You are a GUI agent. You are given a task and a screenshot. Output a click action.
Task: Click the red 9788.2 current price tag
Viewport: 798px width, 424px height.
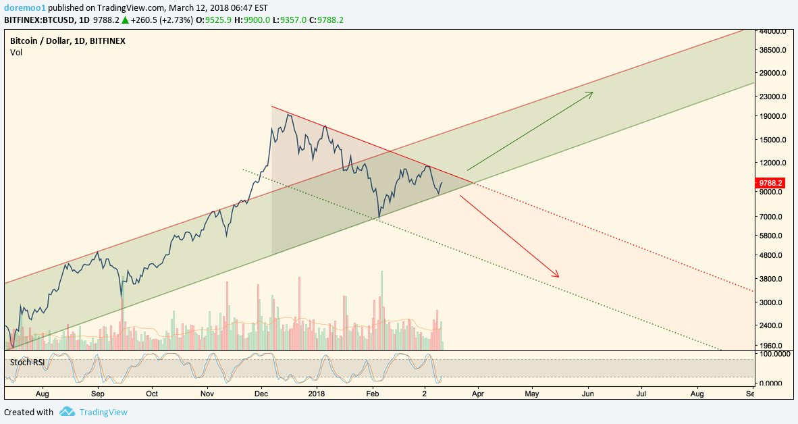770,182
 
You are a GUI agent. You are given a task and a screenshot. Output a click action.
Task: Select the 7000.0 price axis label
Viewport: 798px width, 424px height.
770,217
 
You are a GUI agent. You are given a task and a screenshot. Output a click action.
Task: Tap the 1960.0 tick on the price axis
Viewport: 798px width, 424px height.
770,346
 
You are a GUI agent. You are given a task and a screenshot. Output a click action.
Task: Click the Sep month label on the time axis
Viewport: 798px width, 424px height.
98,393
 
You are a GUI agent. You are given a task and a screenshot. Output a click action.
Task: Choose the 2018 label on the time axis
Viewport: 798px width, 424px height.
317,393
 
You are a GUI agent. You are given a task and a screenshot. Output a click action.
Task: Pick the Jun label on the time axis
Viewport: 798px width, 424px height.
588,393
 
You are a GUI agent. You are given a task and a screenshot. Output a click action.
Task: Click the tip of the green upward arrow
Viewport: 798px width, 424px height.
592,92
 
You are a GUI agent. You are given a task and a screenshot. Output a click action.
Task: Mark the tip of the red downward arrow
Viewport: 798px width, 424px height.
558,276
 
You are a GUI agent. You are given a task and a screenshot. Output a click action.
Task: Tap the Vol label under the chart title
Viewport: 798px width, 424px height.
16,52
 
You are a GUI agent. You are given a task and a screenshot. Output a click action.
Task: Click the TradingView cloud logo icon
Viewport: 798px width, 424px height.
66,411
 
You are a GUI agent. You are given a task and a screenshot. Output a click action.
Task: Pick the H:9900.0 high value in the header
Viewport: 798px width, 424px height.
256,20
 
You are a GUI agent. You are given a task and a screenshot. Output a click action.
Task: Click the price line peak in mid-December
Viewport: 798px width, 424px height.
289,114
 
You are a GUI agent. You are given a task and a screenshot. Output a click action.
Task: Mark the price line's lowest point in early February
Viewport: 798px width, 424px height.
379,219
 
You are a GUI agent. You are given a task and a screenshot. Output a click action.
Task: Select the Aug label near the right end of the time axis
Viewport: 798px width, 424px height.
697,393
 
